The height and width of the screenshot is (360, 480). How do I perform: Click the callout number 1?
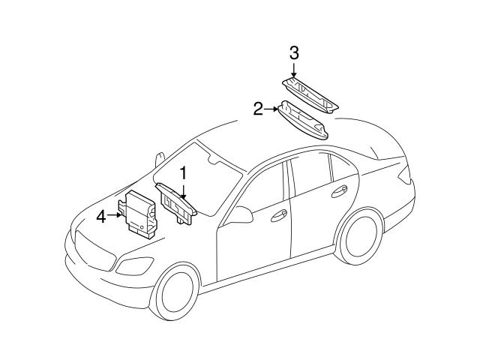[181, 172]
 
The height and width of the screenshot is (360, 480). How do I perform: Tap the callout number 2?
[258, 109]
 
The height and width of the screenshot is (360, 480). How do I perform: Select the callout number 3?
[294, 52]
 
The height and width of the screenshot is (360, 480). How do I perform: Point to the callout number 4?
[102, 217]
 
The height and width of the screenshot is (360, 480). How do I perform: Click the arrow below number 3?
[294, 70]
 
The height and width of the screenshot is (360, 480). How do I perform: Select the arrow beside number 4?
[115, 216]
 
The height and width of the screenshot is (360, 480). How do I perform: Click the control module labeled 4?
[139, 213]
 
